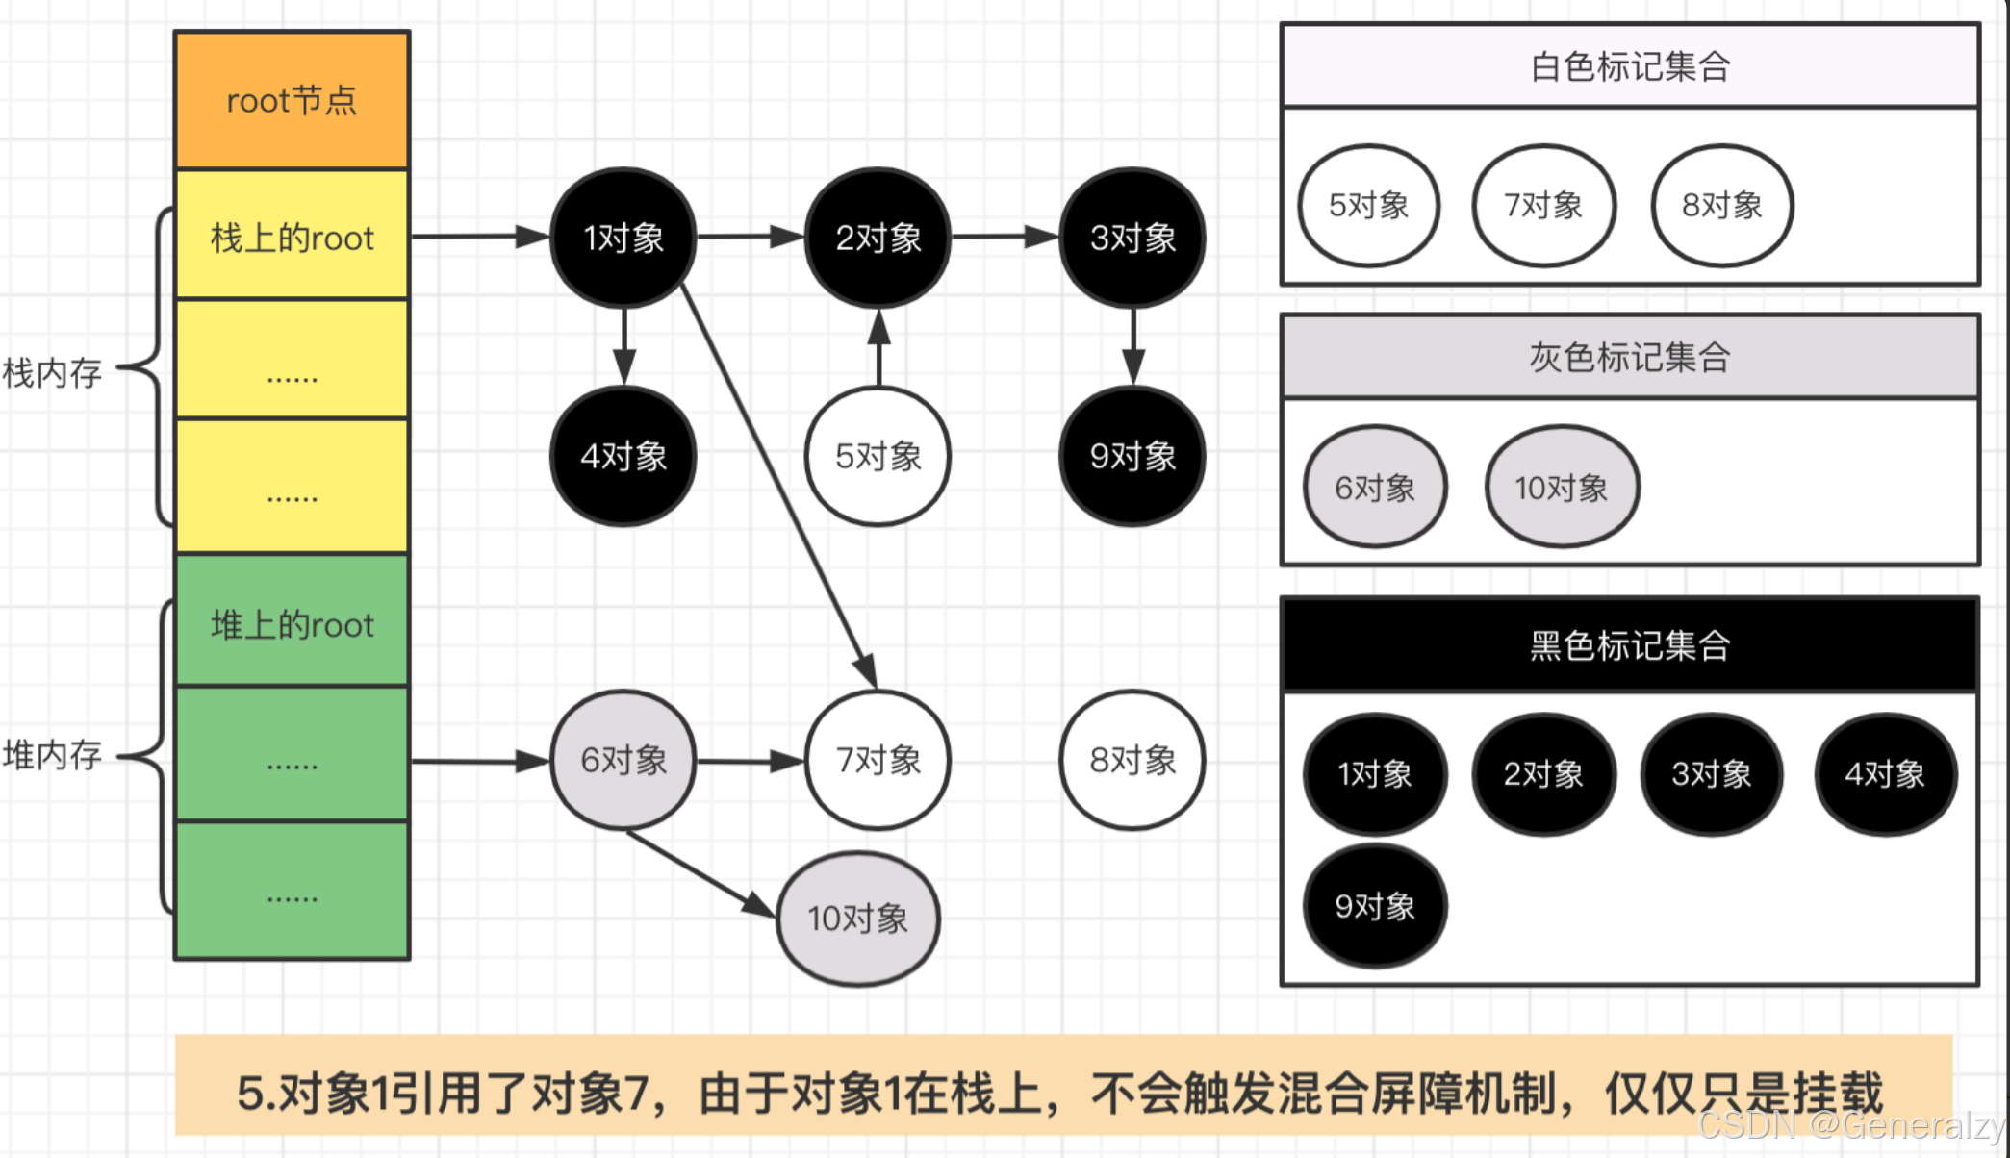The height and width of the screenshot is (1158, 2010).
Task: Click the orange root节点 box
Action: coord(292,100)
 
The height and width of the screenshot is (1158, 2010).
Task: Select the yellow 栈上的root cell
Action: coord(292,237)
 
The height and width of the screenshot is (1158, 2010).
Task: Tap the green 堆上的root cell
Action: coord(292,624)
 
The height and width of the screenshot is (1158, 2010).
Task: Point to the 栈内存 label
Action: coord(53,372)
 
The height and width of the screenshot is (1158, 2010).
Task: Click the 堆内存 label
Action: coord(53,755)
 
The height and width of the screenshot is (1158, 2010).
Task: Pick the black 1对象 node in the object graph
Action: coord(623,238)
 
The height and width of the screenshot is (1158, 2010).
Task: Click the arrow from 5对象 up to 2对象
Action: coord(878,348)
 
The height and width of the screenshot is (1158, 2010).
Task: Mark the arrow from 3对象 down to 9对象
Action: coord(1132,346)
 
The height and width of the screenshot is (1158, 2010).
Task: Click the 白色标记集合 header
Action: coord(1630,66)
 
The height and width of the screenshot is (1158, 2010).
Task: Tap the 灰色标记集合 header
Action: coord(1630,357)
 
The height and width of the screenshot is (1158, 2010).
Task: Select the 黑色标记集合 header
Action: coord(1630,644)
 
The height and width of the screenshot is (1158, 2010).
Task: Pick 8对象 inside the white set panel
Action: coord(1721,205)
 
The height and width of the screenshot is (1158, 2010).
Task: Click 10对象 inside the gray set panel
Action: coord(1561,488)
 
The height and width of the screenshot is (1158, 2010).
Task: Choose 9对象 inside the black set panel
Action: coord(1374,905)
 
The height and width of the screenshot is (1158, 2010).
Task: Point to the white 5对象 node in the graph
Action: coord(878,456)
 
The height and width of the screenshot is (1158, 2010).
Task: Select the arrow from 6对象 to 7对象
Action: coord(750,762)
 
